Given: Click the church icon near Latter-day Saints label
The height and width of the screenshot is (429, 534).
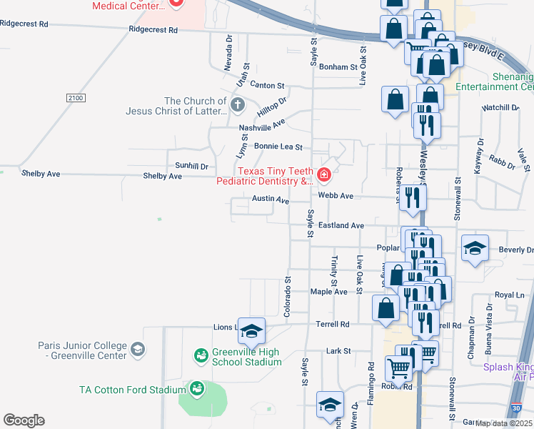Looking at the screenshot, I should tap(238, 106).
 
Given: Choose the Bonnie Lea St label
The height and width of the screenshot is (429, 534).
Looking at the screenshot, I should tap(279, 147).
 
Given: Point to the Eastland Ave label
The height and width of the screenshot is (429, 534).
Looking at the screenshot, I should tap(341, 225).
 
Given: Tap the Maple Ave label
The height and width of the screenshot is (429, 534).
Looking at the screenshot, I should tap(328, 292).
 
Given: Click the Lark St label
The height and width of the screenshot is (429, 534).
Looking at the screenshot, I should tap(338, 351).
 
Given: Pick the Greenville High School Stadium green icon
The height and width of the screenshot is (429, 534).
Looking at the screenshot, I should tap(201, 355).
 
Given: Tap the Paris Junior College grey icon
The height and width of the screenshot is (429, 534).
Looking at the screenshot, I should tap(138, 350).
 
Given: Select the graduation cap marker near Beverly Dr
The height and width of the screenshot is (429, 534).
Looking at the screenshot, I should tap(475, 249).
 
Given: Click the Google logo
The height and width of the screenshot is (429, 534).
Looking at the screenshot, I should tap(24, 420).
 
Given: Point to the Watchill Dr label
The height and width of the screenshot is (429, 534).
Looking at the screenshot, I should tap(500, 107).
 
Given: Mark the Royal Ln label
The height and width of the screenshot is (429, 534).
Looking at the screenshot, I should tap(509, 295).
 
